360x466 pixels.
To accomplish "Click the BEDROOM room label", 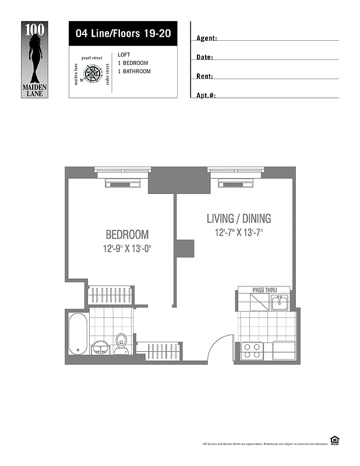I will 127,235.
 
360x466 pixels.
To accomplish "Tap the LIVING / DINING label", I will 239,219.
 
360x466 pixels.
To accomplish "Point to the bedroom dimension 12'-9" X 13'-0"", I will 127,249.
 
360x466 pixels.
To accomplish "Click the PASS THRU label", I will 264,290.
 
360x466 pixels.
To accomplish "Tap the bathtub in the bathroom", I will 77,334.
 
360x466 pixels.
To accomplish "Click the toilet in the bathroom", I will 122,343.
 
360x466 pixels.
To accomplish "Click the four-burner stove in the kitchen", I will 252,351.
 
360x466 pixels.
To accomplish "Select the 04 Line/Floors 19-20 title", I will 122,33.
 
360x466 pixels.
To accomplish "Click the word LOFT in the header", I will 124,55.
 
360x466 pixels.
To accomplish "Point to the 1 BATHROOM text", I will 134,72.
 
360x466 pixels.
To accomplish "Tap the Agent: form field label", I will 207,38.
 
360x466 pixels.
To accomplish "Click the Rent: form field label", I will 204,76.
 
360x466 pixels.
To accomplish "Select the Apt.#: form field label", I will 206,95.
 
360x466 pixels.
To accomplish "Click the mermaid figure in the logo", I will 36,54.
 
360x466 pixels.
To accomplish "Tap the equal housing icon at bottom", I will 334,441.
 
